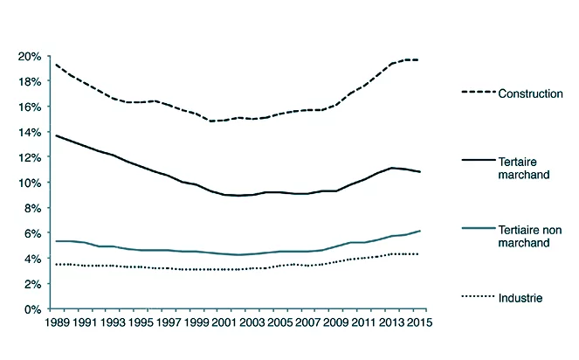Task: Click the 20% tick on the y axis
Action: pos(29,57)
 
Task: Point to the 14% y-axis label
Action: pos(29,133)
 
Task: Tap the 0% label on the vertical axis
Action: pos(31,309)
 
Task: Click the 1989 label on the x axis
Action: pos(57,322)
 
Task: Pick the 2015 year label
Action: pos(419,322)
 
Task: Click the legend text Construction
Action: pos(529,93)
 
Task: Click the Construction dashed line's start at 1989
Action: pos(57,65)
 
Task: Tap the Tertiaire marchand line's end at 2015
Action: pos(420,172)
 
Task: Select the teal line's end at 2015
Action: pos(420,231)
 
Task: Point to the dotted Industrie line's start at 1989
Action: pos(57,264)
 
